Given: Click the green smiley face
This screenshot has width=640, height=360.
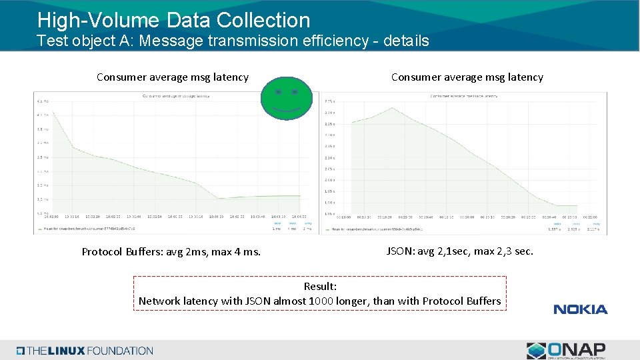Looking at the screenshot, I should click(286, 98).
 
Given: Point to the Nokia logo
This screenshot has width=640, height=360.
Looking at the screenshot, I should click(580, 309).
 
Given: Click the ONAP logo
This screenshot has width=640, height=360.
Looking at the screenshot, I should click(566, 350).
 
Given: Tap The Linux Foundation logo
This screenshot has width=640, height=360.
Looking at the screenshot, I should click(85, 351).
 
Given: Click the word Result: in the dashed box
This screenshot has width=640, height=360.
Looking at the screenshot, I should click(320, 287).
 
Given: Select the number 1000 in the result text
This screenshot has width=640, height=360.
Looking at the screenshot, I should click(322, 301).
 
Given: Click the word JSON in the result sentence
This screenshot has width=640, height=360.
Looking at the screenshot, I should click(258, 301).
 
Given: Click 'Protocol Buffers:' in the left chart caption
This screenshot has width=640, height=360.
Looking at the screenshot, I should click(123, 252).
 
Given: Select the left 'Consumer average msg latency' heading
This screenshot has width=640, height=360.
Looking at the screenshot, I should click(173, 77).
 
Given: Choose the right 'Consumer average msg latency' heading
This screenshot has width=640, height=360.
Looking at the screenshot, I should click(467, 77).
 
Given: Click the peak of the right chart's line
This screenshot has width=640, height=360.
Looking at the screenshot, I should click(393, 108).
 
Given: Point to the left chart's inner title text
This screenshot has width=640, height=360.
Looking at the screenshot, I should click(176, 96).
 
